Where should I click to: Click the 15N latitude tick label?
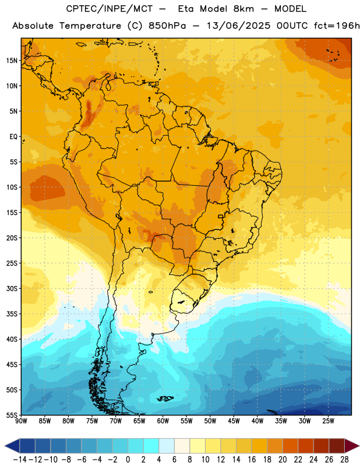point(12,61)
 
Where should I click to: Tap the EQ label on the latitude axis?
point(13,137)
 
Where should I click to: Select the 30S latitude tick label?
point(12,289)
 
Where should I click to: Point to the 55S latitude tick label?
point(12,415)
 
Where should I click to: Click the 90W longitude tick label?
point(21,421)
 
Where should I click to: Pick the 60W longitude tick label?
point(163,421)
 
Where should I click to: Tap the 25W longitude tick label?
point(328,421)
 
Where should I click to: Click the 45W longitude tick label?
point(234,421)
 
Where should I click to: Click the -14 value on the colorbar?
point(20,460)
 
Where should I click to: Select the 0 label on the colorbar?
point(128,460)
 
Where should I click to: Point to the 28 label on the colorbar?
point(344,460)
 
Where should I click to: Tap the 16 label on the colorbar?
point(252,460)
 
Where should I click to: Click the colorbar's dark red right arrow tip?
point(359,446)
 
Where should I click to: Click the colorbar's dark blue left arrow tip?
point(5,446)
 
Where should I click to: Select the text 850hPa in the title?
point(167,26)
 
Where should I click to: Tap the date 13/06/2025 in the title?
point(238,26)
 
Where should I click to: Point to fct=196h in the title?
point(337,26)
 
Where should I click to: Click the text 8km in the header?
point(243,9)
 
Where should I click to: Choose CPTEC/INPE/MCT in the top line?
point(110,9)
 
